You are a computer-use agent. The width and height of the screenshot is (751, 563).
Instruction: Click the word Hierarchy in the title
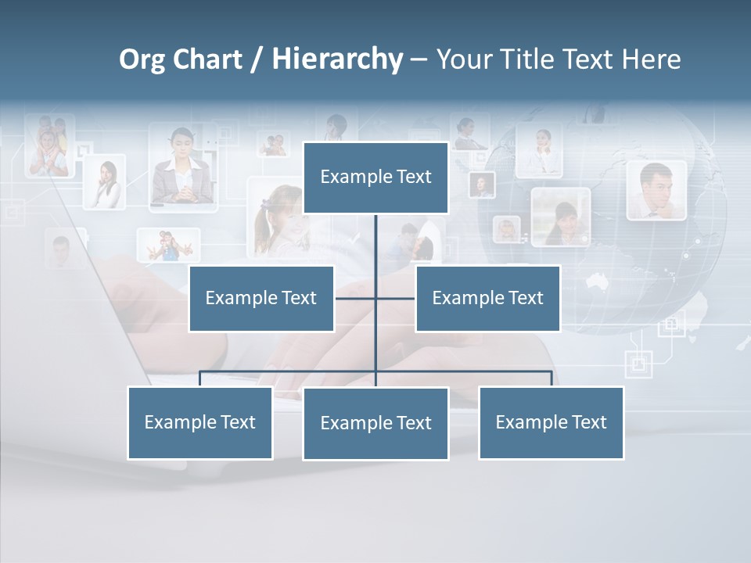pos(336,59)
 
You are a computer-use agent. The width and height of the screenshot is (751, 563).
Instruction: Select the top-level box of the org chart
pos(375,178)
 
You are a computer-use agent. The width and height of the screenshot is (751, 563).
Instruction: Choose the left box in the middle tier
pos(261,298)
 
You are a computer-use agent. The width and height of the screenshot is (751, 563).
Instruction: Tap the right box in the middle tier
pos(487,298)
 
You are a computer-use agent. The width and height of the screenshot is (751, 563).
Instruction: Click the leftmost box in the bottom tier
pos(200,422)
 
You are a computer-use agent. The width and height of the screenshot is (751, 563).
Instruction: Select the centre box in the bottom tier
pos(375,423)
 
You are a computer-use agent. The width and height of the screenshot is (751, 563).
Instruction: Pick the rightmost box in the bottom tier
pos(551,422)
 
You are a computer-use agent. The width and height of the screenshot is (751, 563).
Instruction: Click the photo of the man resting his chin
pos(656,191)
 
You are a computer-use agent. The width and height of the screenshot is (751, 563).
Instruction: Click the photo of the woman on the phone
pos(105,182)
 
